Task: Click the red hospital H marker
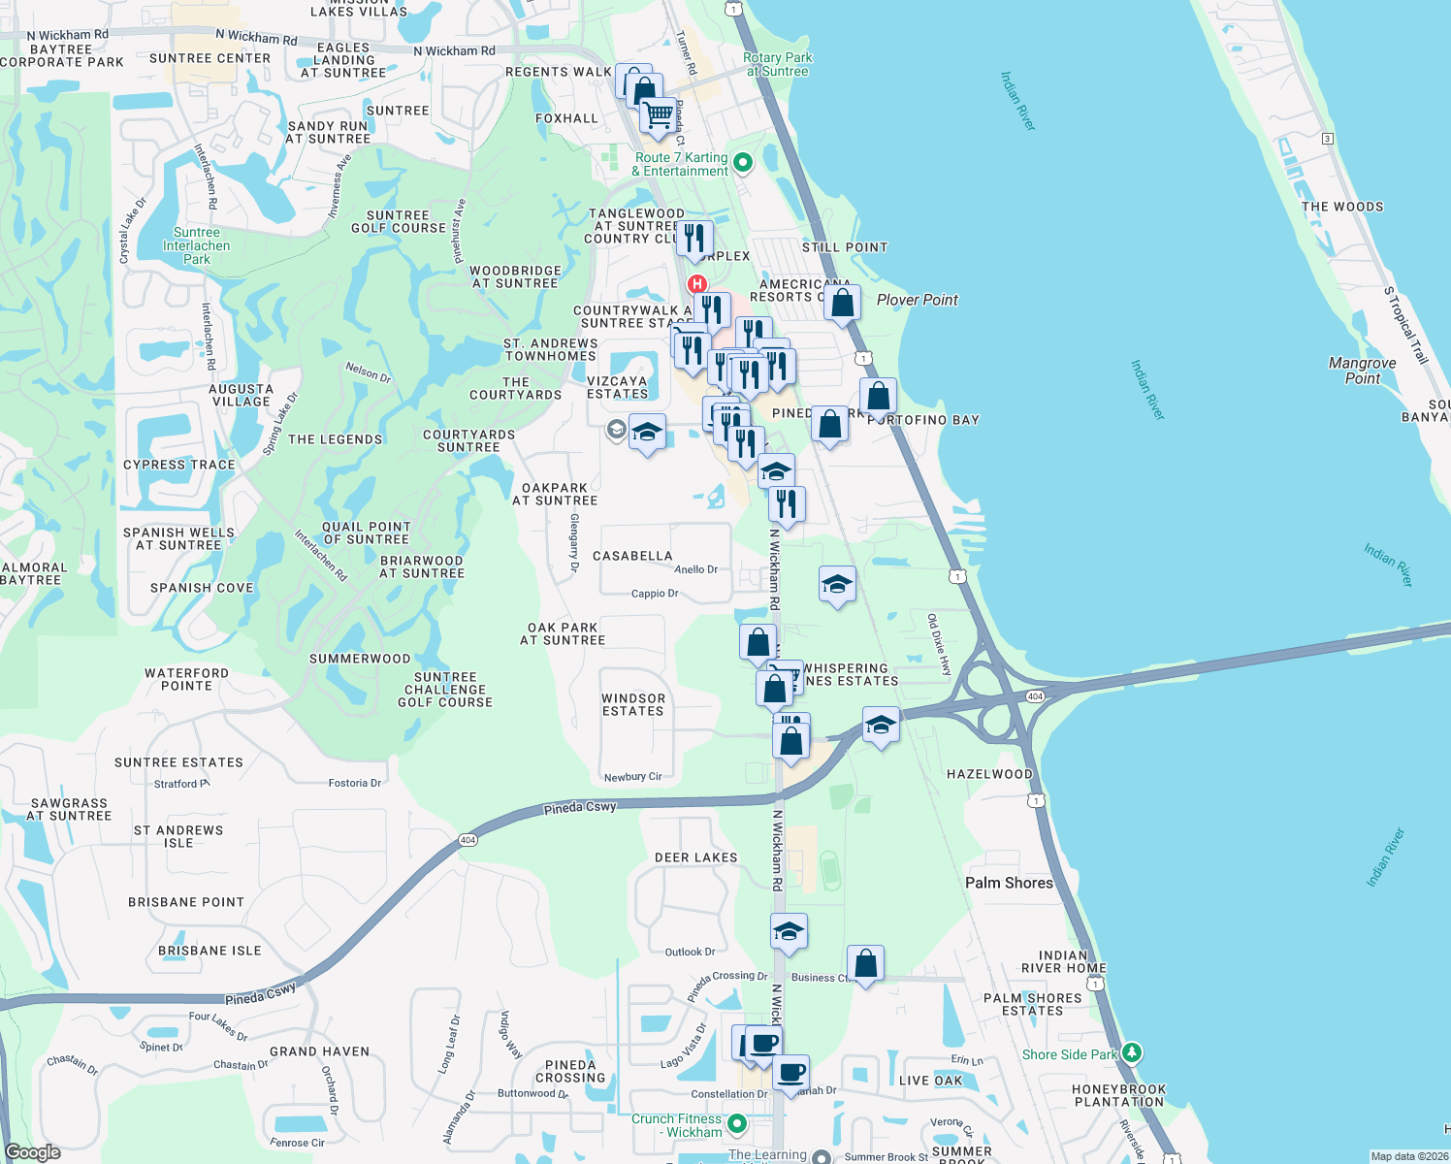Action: tap(696, 284)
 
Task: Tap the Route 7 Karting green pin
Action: tap(743, 163)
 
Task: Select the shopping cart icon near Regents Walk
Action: tap(659, 115)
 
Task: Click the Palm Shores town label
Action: tap(1009, 883)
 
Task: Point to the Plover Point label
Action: tap(917, 300)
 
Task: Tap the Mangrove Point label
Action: tap(1362, 371)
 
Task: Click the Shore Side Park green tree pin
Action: tap(1131, 1053)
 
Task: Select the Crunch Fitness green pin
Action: tap(737, 1124)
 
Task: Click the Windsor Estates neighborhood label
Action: tap(633, 705)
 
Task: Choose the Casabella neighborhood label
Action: tap(632, 556)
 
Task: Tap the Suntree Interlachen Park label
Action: tap(197, 245)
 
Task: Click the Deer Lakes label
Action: tap(696, 857)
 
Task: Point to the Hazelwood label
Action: tap(989, 774)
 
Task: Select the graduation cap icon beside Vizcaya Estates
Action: tap(647, 433)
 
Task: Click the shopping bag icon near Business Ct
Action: tap(865, 964)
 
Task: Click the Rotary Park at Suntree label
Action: tap(777, 64)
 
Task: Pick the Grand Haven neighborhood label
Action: tap(319, 1051)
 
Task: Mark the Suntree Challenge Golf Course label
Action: tap(445, 690)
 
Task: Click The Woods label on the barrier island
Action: tap(1342, 207)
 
